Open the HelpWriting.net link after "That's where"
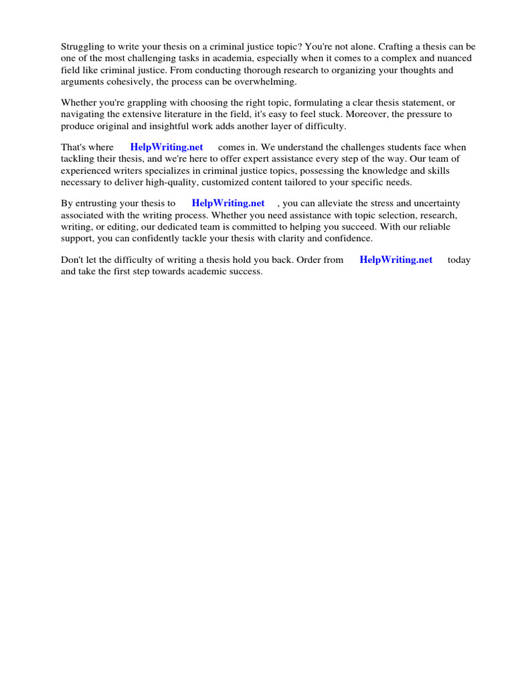tap(167, 147)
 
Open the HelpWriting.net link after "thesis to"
tap(228, 203)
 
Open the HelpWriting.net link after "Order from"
tap(396, 260)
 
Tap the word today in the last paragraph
tap(459, 260)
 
